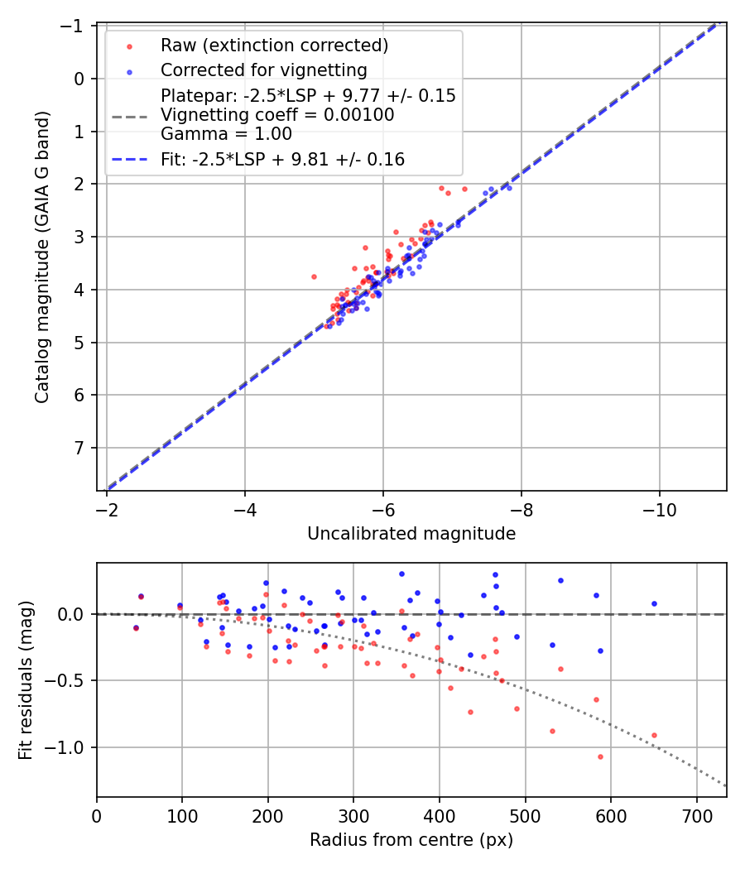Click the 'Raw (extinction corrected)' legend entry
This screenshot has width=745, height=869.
coord(274,45)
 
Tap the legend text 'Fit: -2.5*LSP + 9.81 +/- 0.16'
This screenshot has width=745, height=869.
coord(282,160)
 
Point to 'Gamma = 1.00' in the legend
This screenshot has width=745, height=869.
coord(226,133)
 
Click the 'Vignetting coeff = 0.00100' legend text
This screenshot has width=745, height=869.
coord(277,115)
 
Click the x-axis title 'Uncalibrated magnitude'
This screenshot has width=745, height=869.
coord(411,534)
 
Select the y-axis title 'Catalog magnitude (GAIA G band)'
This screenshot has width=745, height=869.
coord(42,257)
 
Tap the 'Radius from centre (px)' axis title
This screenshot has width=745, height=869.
coord(411,840)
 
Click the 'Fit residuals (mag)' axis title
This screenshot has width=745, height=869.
coord(26,680)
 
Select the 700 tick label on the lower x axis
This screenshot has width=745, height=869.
coord(696,814)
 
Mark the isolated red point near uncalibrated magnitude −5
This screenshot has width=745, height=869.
coord(314,276)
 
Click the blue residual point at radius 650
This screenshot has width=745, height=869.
coord(654,603)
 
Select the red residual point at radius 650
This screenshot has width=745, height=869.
coord(654,735)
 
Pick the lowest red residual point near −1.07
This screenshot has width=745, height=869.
coord(600,756)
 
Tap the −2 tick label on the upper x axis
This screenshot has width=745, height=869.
coord(106,508)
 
